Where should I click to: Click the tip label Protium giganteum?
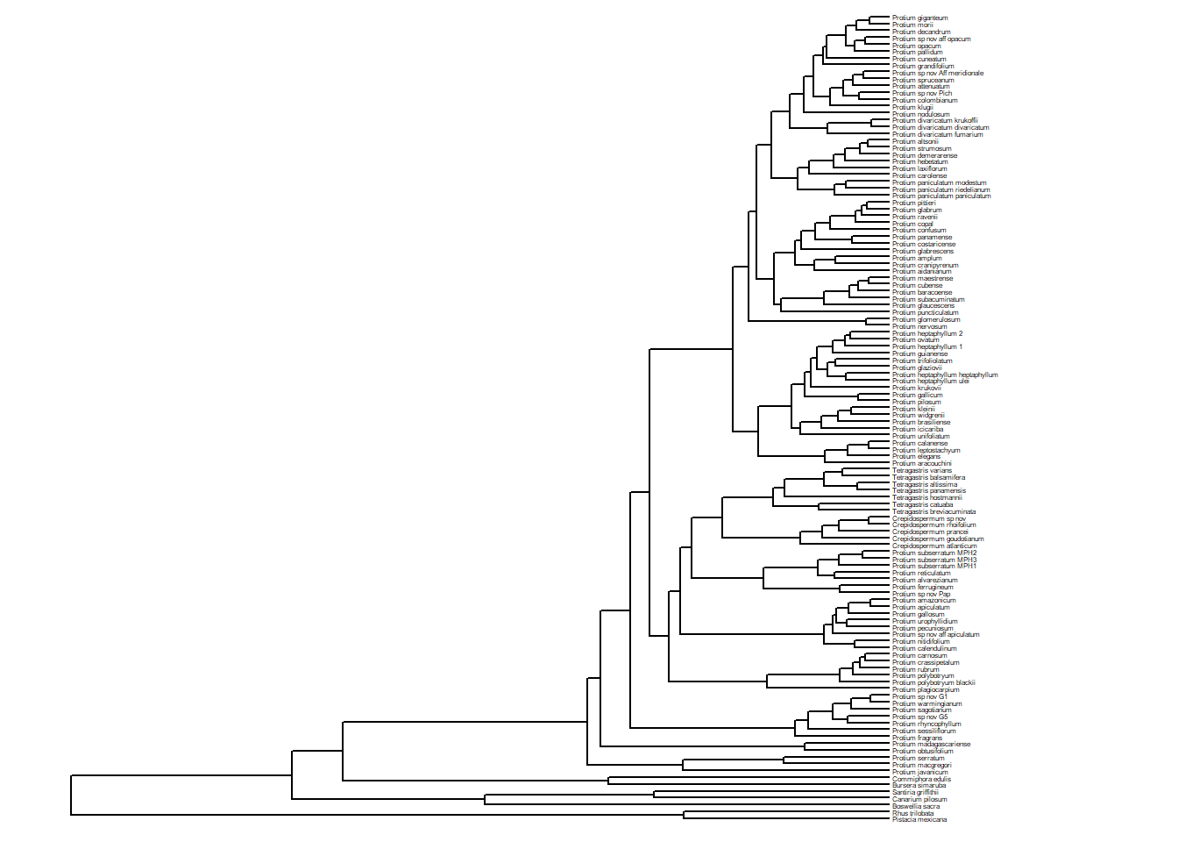(x=919, y=18)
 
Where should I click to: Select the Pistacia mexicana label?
(x=919, y=820)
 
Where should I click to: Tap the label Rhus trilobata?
(x=913, y=813)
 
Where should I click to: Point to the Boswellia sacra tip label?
(x=916, y=806)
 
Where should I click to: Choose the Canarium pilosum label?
(x=919, y=799)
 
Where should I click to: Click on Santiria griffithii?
(x=915, y=793)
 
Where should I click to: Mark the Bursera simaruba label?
(x=919, y=786)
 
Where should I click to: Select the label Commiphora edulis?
(x=921, y=779)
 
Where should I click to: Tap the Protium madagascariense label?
(x=931, y=745)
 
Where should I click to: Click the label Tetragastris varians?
(x=922, y=471)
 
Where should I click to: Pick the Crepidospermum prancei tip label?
(x=930, y=532)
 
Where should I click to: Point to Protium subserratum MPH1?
(x=934, y=567)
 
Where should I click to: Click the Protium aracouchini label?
(x=922, y=464)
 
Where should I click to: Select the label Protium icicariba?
(x=918, y=430)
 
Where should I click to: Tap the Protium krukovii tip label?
(x=917, y=389)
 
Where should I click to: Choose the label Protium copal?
(x=912, y=224)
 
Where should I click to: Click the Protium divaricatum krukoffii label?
(x=934, y=121)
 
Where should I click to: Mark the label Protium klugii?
(x=912, y=108)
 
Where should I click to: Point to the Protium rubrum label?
(x=915, y=669)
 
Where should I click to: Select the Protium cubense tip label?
(x=917, y=286)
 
